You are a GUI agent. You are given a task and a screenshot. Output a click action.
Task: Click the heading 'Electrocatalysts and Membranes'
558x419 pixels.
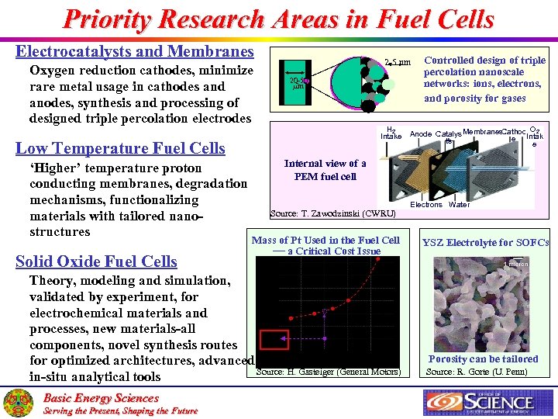click(x=135, y=52)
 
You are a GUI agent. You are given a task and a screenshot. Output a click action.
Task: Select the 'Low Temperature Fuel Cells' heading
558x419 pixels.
click(x=120, y=148)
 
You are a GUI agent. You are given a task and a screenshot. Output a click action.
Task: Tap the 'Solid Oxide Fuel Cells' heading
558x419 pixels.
click(x=96, y=261)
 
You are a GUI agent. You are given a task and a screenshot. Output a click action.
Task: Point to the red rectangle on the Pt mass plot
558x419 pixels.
click(x=274, y=340)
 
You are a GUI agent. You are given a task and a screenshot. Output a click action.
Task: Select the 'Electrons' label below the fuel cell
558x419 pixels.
click(x=425, y=205)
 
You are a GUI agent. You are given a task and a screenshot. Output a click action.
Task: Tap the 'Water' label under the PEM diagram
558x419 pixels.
click(x=459, y=205)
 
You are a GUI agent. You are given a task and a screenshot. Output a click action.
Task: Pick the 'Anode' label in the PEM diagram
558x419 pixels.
click(x=421, y=134)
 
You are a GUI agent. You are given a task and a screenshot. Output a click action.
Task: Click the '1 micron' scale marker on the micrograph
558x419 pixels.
click(x=516, y=265)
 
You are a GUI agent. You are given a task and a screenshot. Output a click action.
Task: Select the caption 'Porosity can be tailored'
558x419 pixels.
click(x=483, y=358)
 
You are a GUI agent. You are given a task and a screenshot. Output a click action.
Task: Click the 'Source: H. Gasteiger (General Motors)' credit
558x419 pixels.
click(x=328, y=372)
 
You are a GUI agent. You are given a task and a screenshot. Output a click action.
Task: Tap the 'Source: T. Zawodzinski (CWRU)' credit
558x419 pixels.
click(x=332, y=213)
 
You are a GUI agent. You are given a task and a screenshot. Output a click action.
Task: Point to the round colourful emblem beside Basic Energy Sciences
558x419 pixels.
click(x=18, y=403)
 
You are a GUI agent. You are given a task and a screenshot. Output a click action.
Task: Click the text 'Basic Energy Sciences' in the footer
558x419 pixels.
click(x=101, y=398)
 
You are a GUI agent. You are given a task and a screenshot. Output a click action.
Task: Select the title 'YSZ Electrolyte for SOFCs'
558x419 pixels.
click(x=485, y=242)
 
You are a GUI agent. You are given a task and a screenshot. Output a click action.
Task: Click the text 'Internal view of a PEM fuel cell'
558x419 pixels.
click(x=325, y=169)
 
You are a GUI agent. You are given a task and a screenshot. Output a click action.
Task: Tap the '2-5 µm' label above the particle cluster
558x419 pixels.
click(x=398, y=62)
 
